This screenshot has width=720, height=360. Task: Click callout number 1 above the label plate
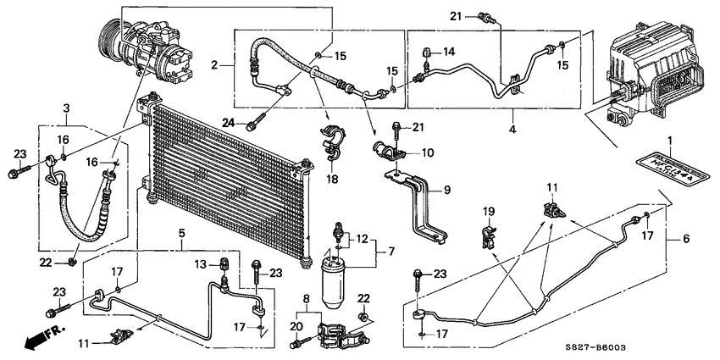669,140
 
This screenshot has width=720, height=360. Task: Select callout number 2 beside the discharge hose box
215,65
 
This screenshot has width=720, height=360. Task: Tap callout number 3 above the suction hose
66,108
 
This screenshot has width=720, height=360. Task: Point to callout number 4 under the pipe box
512,130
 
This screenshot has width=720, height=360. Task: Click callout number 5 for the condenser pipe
180,232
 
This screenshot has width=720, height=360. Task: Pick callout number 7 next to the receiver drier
390,252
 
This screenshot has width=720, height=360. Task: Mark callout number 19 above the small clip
487,211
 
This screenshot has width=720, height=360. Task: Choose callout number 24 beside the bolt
228,122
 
